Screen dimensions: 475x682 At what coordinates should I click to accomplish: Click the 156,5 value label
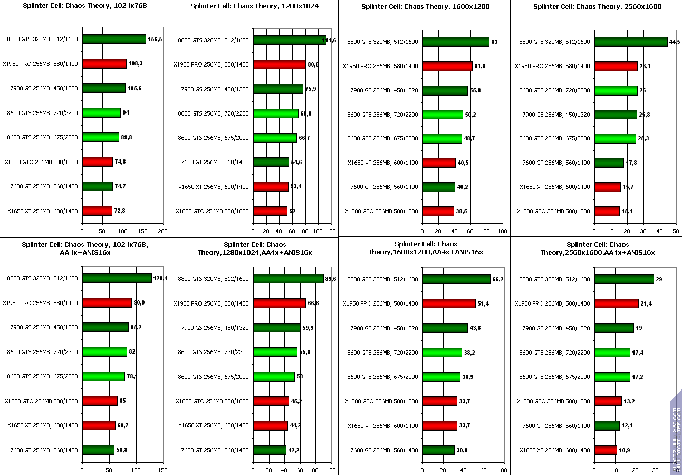(x=155, y=40)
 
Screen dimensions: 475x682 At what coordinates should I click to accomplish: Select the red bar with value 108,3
(x=104, y=64)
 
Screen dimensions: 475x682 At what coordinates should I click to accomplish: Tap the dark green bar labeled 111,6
(x=290, y=40)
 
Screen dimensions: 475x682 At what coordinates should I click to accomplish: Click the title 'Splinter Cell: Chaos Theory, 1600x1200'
(x=425, y=7)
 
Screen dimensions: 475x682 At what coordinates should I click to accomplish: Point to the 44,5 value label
(x=674, y=42)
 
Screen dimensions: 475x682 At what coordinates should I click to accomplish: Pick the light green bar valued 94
(x=102, y=113)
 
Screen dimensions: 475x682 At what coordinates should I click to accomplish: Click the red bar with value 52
(x=270, y=211)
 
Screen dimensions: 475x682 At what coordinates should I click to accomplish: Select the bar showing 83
(x=456, y=42)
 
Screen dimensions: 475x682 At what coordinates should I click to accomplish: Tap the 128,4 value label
(x=160, y=278)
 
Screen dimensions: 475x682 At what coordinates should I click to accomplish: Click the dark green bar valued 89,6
(x=288, y=279)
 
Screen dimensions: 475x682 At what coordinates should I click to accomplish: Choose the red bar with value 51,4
(x=449, y=303)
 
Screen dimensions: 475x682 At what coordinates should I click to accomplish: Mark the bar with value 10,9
(x=606, y=450)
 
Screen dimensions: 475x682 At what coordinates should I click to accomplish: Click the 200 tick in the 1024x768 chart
(x=163, y=231)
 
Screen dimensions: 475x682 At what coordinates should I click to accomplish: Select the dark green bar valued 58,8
(x=98, y=450)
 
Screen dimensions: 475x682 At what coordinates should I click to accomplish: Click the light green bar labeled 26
(x=616, y=90)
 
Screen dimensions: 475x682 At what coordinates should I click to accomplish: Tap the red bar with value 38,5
(x=438, y=211)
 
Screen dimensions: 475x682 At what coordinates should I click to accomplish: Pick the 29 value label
(x=660, y=279)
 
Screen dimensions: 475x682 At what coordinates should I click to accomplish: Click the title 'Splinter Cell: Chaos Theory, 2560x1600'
(x=597, y=7)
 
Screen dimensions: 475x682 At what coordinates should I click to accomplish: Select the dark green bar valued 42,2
(x=270, y=450)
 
